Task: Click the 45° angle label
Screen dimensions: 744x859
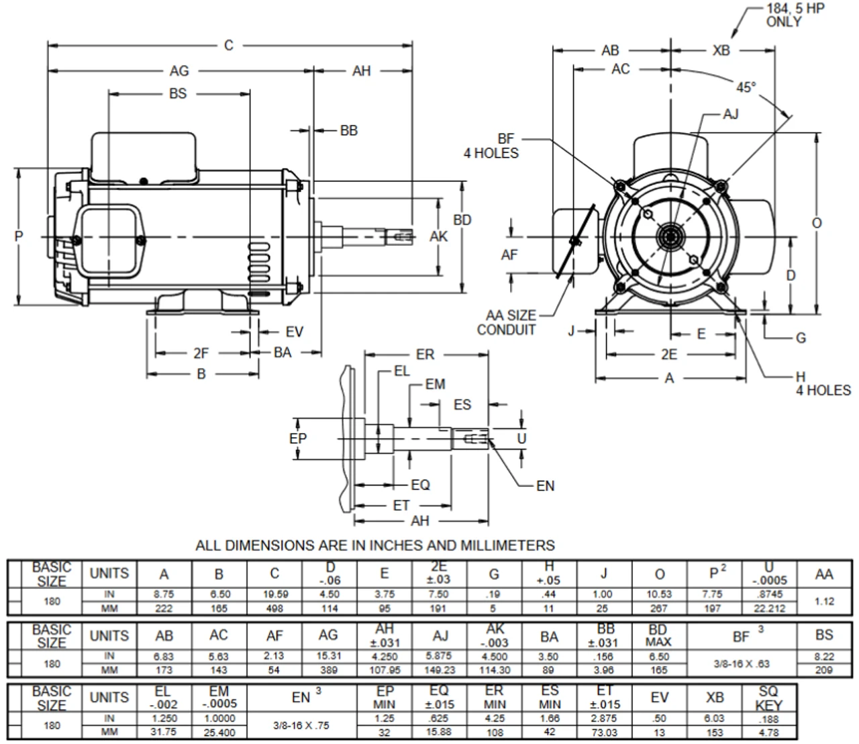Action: [746, 87]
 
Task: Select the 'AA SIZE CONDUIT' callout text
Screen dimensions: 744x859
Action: [507, 322]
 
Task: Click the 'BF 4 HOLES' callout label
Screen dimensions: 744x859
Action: [491, 146]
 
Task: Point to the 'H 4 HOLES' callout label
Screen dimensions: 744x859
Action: [822, 383]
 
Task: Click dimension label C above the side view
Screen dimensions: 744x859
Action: [229, 46]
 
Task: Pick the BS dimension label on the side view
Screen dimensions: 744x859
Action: [178, 93]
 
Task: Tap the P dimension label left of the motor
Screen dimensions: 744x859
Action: [19, 236]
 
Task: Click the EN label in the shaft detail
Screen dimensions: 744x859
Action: [546, 485]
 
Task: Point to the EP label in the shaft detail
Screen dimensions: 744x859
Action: [298, 438]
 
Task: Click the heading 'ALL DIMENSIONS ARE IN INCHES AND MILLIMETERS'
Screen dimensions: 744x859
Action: [375, 545]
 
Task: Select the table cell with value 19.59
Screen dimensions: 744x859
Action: [274, 594]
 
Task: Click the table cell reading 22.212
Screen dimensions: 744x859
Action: [769, 608]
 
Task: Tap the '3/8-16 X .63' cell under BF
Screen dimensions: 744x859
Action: [742, 663]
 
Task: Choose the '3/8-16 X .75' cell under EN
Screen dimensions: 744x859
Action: [301, 726]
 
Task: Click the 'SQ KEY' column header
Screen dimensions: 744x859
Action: [768, 698]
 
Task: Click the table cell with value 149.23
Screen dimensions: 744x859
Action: [440, 670]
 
